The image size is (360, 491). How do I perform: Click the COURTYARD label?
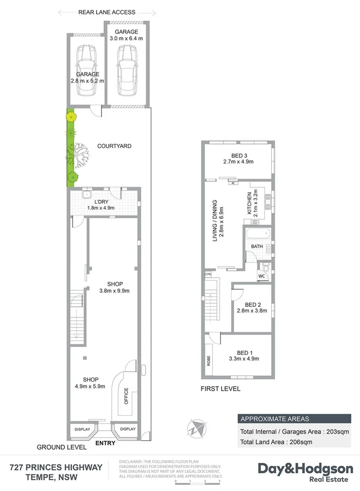click(114, 146)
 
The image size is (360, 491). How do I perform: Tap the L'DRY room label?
click(102, 201)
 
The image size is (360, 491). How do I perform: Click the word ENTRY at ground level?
click(106, 443)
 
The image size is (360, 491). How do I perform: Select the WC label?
click(261, 276)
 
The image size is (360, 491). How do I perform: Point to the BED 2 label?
click(252, 305)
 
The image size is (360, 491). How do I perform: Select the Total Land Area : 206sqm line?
click(276, 442)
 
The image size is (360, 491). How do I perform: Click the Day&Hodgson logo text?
click(304, 469)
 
